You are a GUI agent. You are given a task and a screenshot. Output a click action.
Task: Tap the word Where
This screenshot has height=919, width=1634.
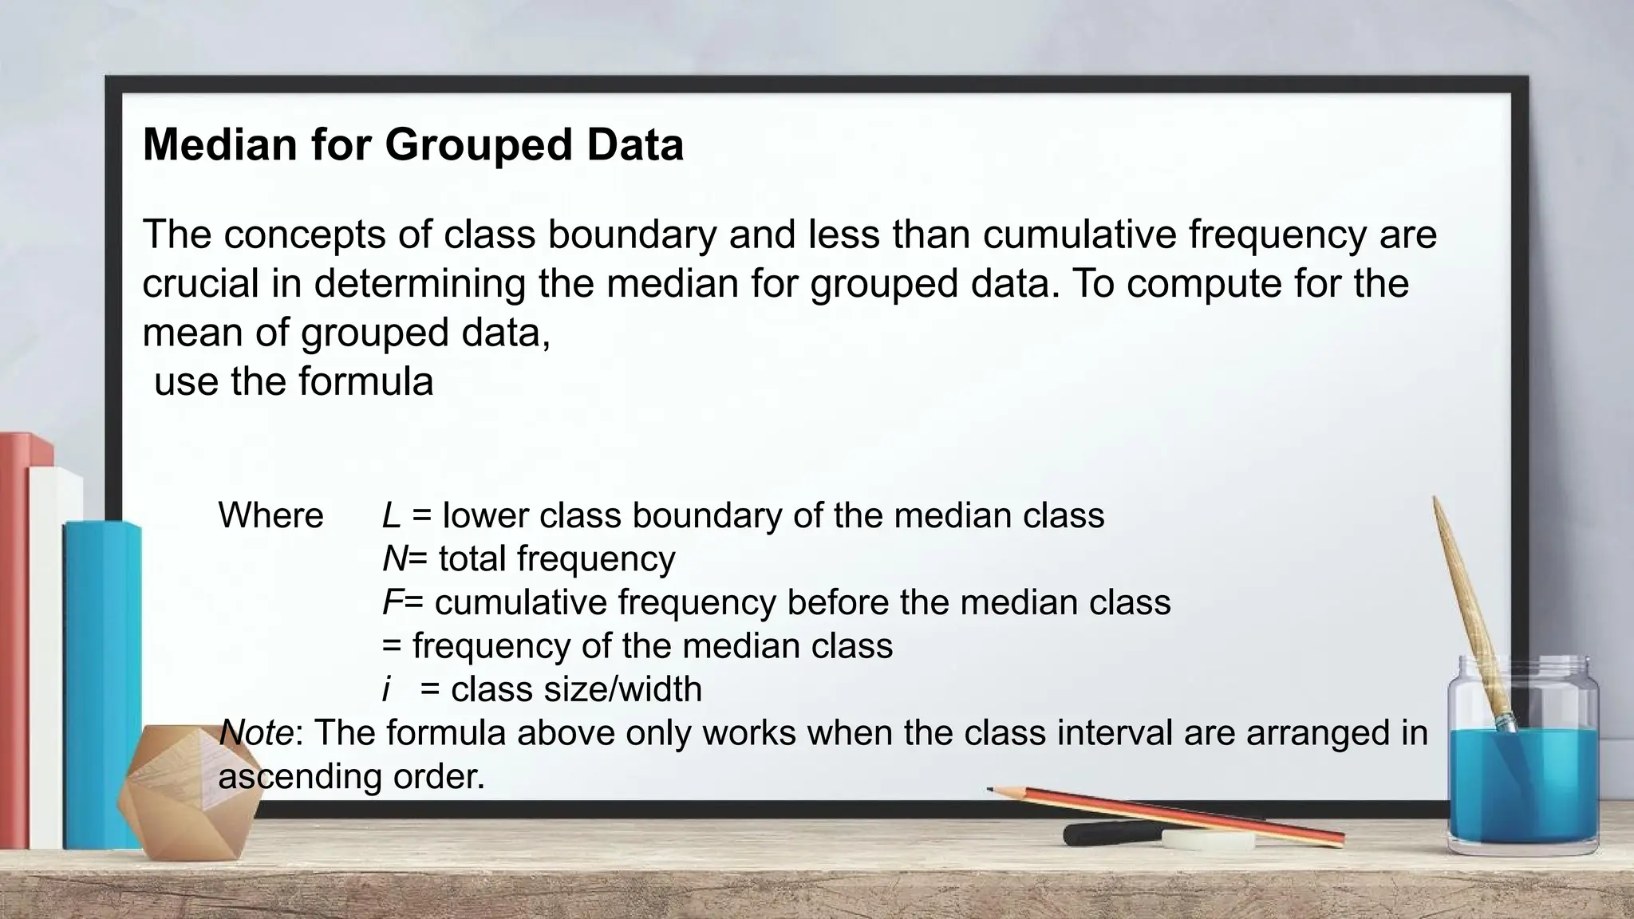coord(270,515)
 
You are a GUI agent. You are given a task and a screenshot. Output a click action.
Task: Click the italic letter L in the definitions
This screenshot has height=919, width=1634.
coord(390,515)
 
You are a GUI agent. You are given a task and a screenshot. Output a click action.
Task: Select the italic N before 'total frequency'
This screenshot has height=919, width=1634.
coord(394,558)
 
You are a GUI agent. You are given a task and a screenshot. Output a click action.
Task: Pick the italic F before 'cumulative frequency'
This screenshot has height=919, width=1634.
coord(391,602)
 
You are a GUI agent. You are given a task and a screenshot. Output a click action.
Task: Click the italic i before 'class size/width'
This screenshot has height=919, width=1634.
coord(387,689)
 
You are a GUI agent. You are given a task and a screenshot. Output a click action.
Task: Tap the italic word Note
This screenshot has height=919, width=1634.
coord(255,732)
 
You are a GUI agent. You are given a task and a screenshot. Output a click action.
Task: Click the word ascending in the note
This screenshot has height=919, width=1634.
coord(299,776)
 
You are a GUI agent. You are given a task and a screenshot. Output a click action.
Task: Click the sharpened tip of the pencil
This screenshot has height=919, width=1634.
coord(992,791)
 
